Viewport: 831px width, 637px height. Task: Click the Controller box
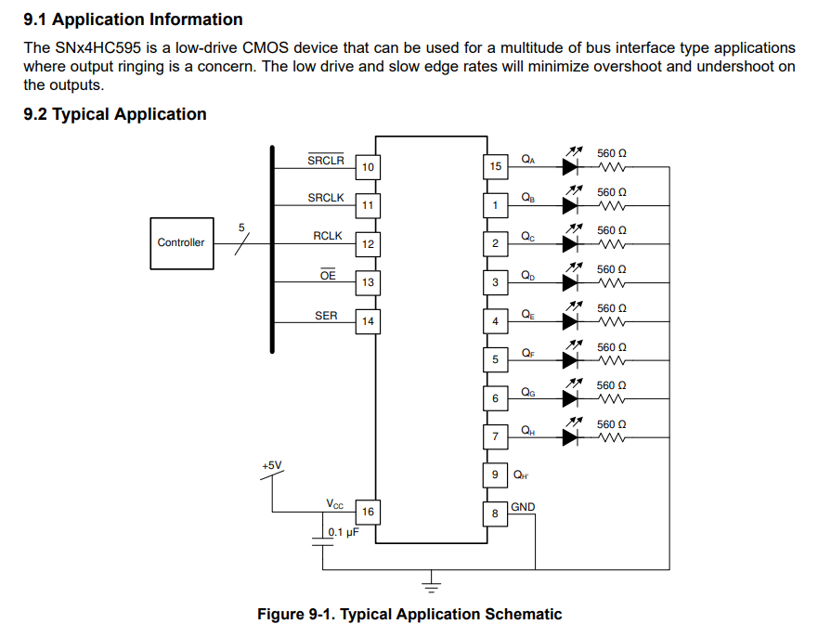coord(182,243)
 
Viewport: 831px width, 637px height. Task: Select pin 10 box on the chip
coord(368,167)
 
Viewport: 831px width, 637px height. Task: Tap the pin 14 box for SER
coord(368,321)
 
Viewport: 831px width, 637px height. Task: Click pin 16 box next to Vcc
coord(368,512)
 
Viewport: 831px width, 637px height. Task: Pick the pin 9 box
coord(495,474)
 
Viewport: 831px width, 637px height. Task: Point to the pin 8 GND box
coord(495,513)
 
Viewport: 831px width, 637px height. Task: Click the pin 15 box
coord(496,166)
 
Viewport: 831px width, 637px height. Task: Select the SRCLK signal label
coord(326,198)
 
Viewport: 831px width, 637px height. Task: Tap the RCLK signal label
coord(328,236)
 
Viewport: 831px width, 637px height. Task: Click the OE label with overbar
coord(328,275)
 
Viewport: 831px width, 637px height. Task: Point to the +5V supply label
coord(272,465)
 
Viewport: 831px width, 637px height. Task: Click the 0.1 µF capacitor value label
coord(344,532)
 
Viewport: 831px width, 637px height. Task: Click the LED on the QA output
coord(570,167)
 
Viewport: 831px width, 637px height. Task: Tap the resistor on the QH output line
coord(612,437)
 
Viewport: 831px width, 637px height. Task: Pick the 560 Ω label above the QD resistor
coord(612,269)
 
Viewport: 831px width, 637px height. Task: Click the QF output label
coord(528,353)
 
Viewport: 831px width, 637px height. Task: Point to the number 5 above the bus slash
coord(241,227)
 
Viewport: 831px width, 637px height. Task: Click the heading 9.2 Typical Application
coord(115,114)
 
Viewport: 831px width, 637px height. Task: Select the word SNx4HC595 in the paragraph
coord(98,47)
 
